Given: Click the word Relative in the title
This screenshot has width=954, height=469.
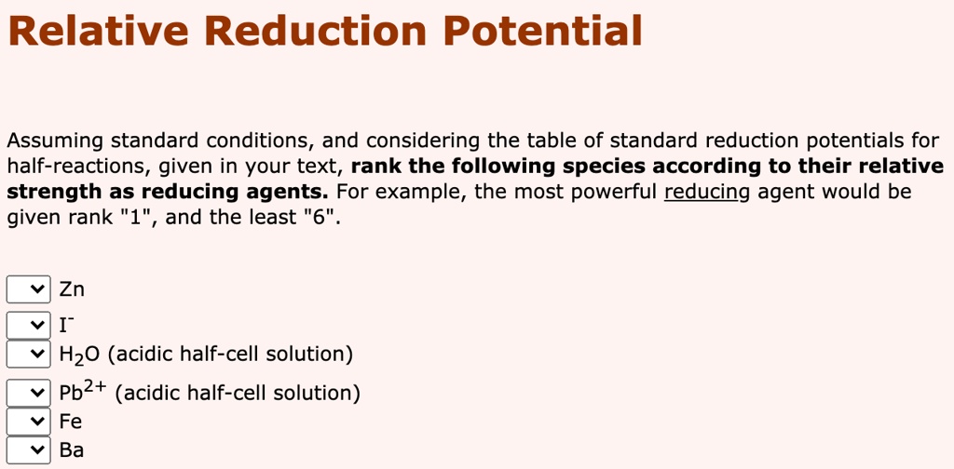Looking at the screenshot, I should [x=97, y=32].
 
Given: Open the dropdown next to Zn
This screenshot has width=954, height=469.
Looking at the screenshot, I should [x=29, y=289].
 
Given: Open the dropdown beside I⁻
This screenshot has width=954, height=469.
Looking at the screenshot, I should [x=29, y=326].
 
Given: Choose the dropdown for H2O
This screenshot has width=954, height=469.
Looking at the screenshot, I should [x=29, y=355].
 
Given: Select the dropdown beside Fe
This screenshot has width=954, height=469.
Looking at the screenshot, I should [x=29, y=422].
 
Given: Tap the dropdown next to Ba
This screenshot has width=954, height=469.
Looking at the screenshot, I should [x=29, y=450].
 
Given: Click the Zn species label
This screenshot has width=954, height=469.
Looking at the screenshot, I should [x=72, y=289].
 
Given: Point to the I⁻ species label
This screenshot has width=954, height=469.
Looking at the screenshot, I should [x=66, y=326].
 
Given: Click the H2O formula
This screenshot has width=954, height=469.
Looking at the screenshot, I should [x=80, y=355].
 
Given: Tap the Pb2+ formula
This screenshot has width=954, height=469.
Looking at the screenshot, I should [x=83, y=392].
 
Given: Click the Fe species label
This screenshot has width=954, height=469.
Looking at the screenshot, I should [x=71, y=422].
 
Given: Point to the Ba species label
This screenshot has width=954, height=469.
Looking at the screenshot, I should [x=72, y=450].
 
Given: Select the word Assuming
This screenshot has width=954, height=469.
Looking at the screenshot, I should [x=56, y=141].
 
